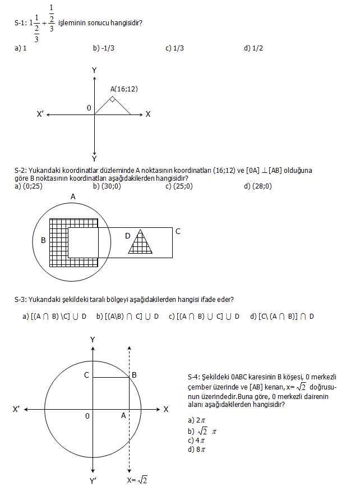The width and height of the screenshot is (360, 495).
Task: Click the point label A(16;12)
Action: (124, 89)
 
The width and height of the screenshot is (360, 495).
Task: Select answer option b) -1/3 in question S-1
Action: (104, 48)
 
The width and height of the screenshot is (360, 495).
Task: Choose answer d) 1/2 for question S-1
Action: (253, 48)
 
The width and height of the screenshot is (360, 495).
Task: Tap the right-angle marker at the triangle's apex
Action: (113, 100)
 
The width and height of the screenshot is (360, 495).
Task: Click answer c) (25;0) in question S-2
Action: (179, 186)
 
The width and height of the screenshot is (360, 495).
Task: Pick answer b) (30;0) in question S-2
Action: (107, 186)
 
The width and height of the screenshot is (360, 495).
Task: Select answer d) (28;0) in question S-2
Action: (258, 186)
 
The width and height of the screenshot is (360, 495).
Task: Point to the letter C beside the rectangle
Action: (178, 231)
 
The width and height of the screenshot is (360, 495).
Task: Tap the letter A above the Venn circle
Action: (73, 196)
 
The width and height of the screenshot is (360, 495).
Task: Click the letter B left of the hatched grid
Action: (43, 241)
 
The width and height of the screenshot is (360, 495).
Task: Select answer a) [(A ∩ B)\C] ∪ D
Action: (54, 317)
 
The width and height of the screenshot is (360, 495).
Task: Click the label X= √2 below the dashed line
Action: (138, 480)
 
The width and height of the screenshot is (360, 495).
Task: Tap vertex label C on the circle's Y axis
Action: (87, 375)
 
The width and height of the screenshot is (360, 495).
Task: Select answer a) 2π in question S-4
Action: (196, 420)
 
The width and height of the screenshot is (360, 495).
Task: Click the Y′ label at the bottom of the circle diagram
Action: (94, 480)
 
